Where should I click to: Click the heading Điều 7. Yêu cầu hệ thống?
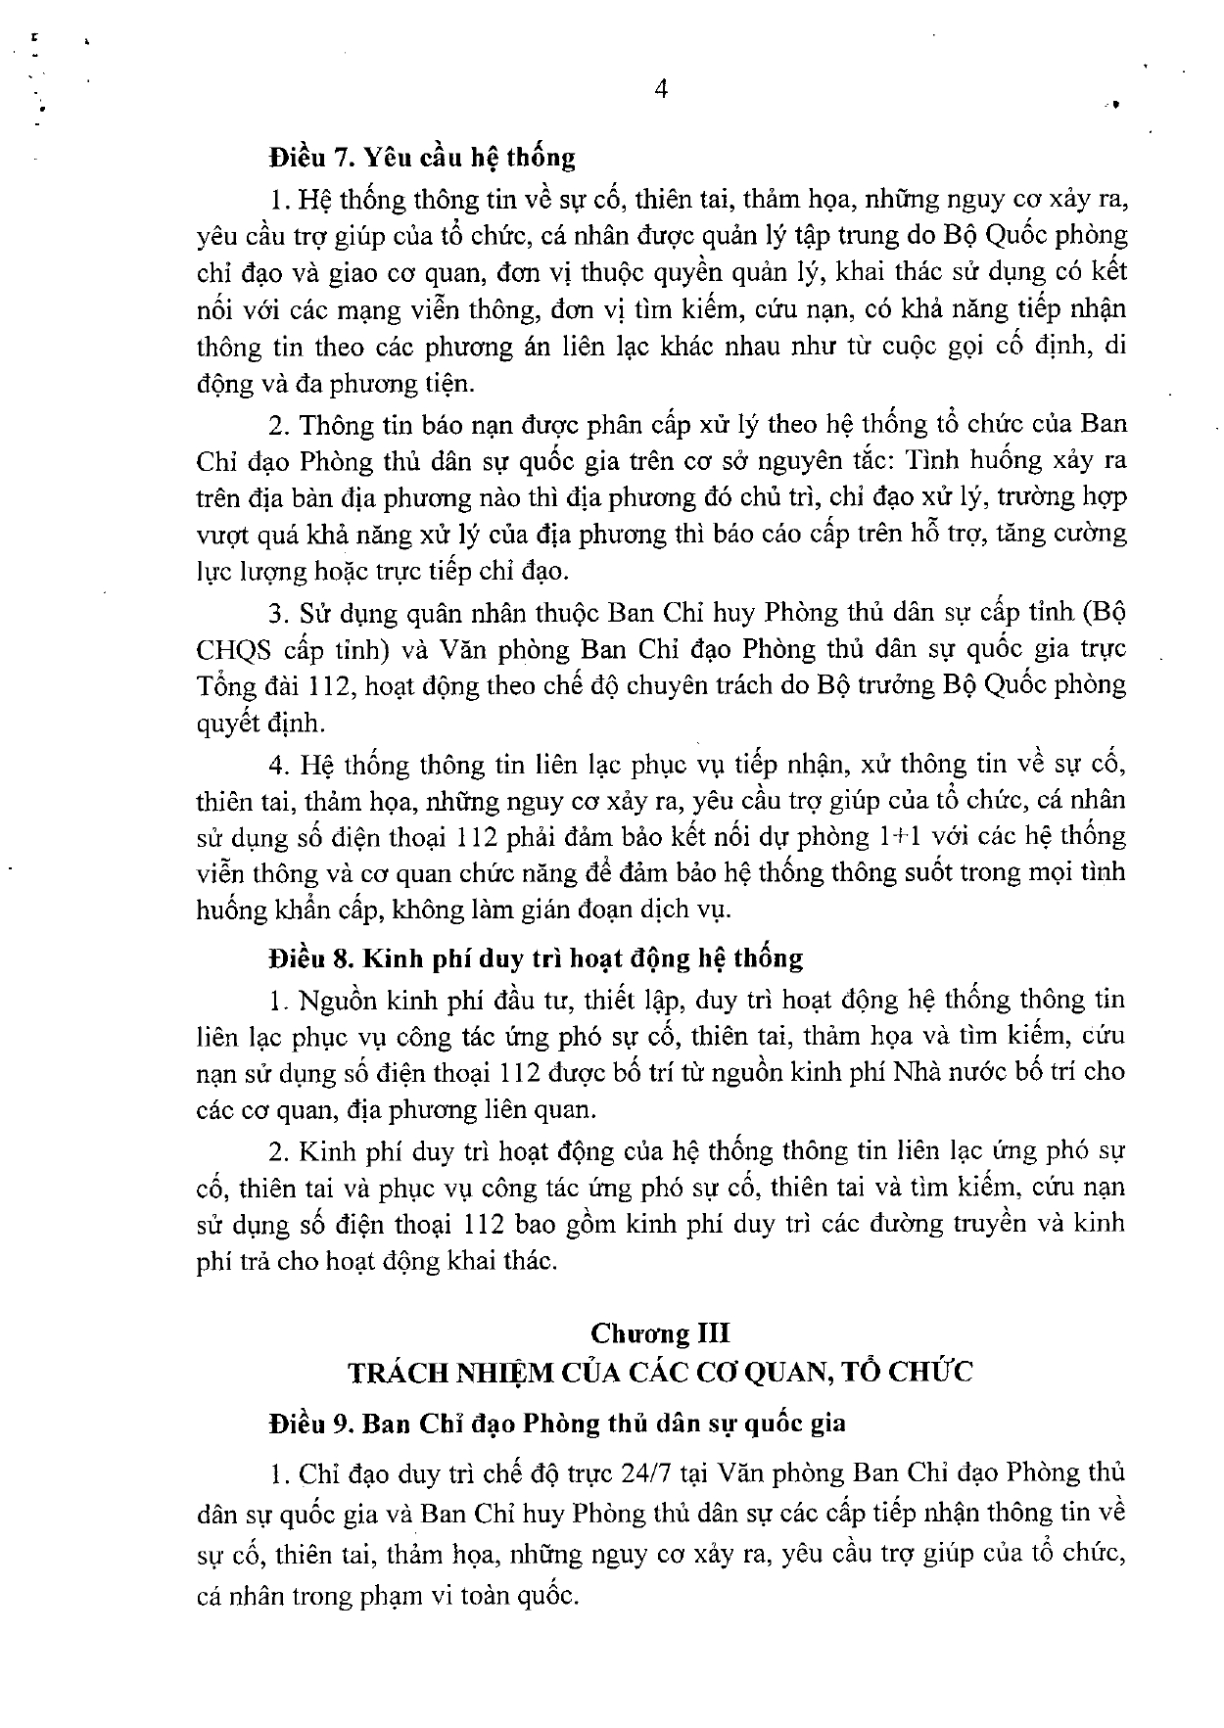pyautogui.click(x=422, y=157)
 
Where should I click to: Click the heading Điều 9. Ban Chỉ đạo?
pyautogui.click(x=557, y=1424)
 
